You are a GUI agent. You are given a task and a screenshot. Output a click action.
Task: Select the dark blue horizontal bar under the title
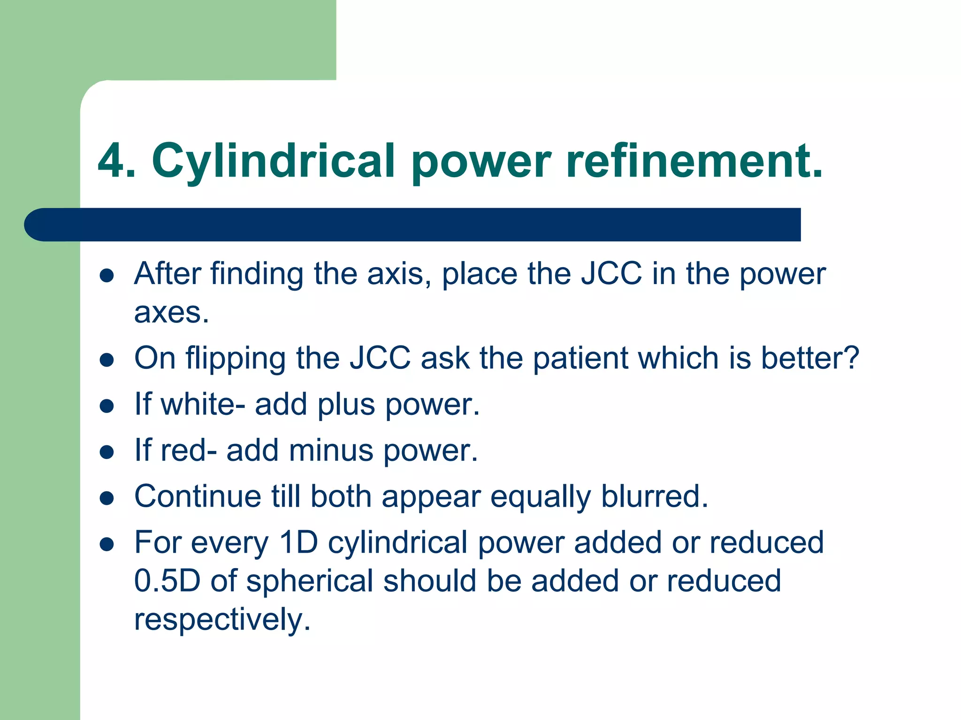click(x=413, y=225)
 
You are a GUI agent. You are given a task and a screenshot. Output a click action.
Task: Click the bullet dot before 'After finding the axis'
click(x=107, y=275)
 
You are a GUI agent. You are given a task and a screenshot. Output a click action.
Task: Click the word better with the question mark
click(x=810, y=359)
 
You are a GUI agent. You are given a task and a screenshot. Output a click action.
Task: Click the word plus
click(x=346, y=405)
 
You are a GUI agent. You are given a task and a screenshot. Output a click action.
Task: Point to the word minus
click(x=331, y=450)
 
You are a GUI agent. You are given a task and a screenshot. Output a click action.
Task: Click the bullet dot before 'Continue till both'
click(x=107, y=498)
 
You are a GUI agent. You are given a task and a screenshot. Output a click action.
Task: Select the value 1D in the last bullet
click(x=298, y=542)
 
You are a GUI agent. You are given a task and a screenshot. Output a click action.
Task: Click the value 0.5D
click(x=167, y=581)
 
